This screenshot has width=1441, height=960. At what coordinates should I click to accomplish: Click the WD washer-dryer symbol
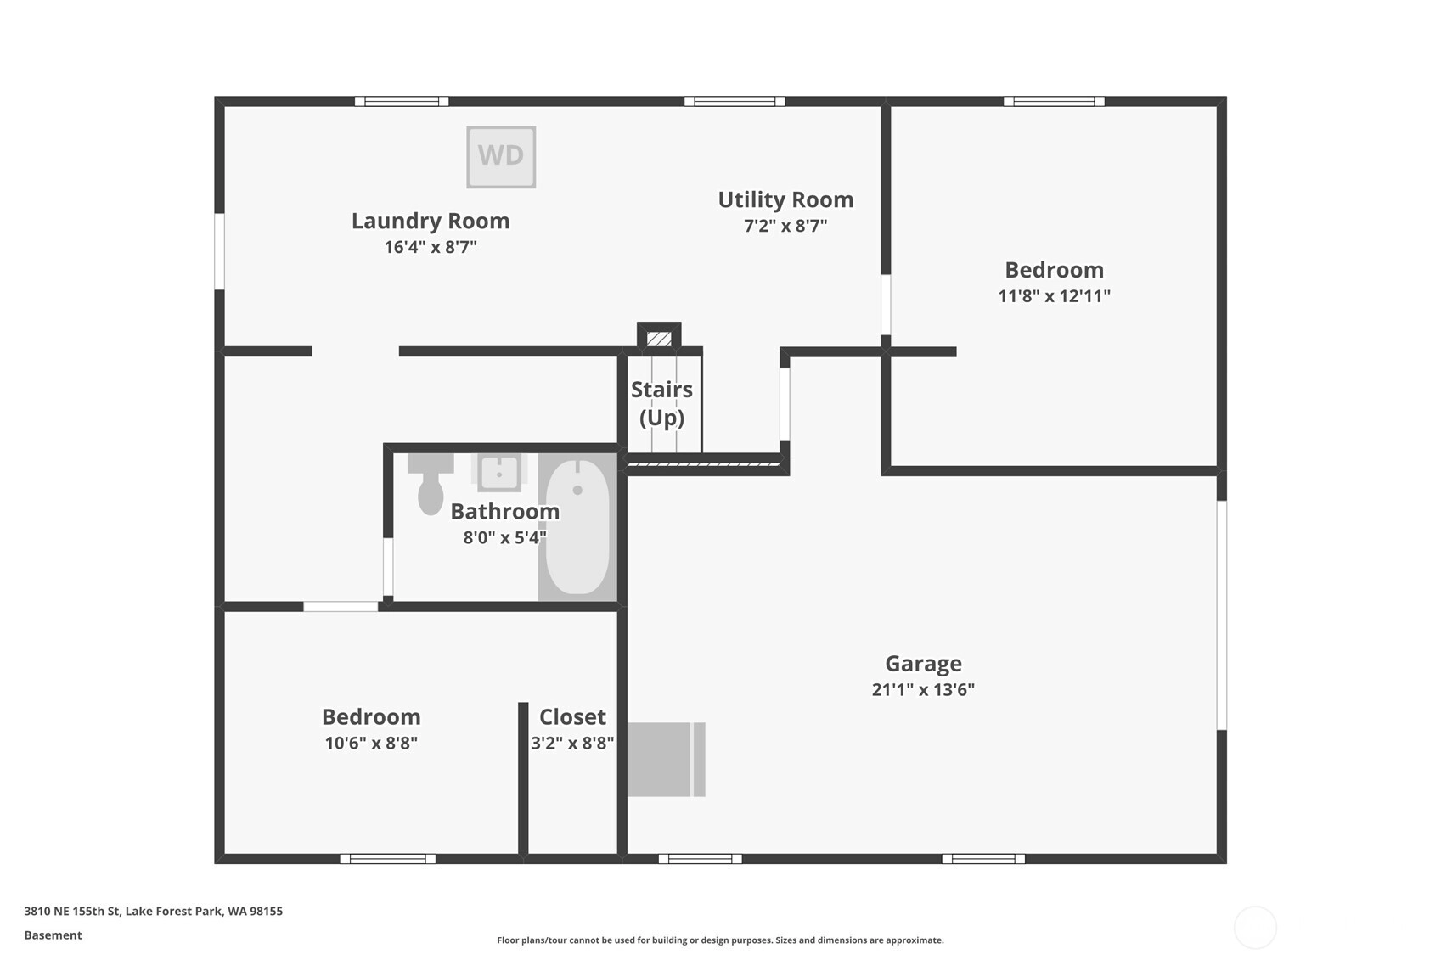(501, 157)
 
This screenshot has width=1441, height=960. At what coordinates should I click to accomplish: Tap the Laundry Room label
(431, 221)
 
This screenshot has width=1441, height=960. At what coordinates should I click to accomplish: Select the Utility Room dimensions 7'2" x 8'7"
(785, 226)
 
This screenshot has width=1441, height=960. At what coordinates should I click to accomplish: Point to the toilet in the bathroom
(431, 484)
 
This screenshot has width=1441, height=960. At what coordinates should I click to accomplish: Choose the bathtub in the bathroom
(577, 527)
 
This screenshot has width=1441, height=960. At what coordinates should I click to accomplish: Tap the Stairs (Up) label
(661, 403)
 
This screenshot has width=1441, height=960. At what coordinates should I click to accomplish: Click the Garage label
(923, 663)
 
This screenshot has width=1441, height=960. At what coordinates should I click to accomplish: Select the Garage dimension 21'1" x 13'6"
(923, 689)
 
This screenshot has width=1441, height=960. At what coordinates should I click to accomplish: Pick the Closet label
(572, 716)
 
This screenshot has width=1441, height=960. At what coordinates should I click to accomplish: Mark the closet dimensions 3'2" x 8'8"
(572, 743)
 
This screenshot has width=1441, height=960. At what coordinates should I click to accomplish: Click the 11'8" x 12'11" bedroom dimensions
(1055, 295)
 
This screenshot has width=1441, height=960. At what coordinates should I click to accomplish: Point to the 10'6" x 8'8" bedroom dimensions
(371, 743)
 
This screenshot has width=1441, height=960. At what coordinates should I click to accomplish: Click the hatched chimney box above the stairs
(659, 338)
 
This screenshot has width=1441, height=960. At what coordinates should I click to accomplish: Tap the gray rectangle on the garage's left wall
(667, 760)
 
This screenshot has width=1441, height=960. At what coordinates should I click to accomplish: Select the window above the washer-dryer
(402, 101)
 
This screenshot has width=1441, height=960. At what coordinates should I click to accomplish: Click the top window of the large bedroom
(1054, 101)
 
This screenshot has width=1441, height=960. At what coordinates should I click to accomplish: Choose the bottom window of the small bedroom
(388, 859)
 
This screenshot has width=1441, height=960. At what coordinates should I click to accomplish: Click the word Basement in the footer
(53, 935)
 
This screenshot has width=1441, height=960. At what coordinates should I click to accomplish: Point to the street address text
(153, 911)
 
